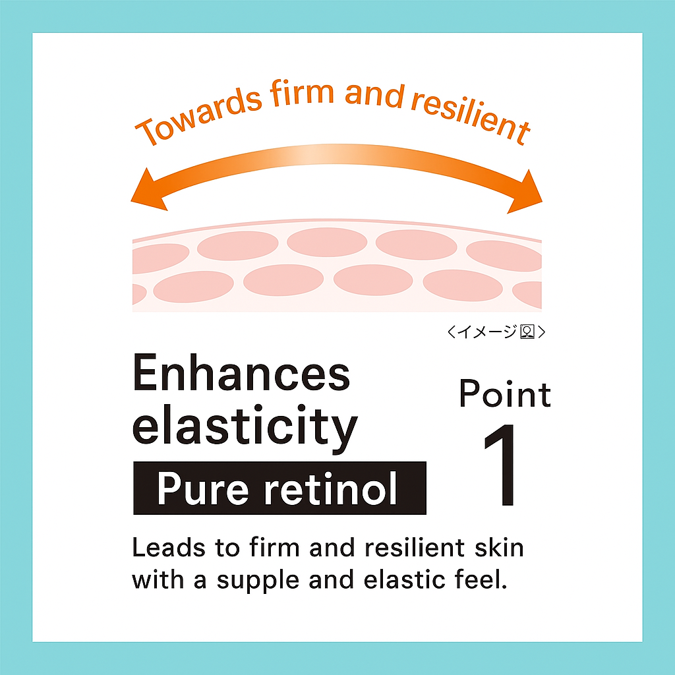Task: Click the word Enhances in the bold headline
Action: (241, 374)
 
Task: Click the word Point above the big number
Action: (505, 394)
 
